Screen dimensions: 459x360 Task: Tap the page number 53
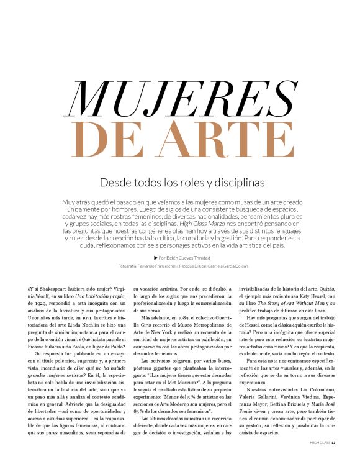click(333, 443)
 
